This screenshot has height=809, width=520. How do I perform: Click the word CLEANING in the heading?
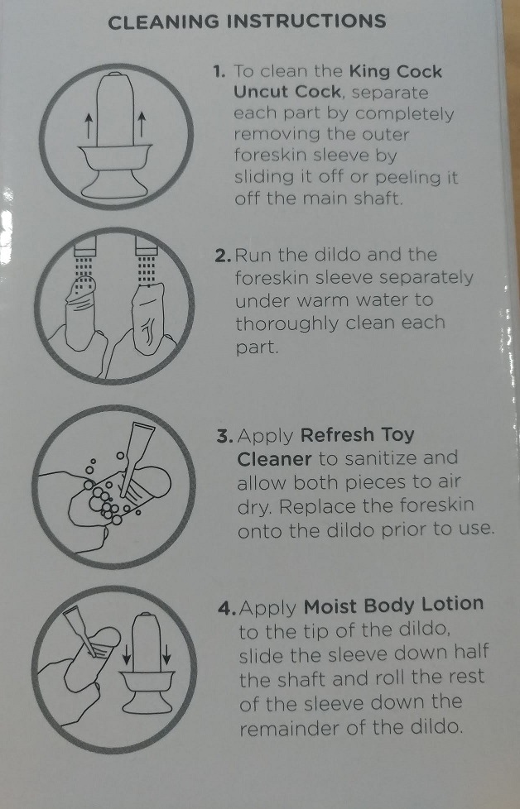(164, 22)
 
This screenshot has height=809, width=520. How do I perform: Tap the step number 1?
(219, 72)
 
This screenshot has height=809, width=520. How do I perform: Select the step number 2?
(223, 256)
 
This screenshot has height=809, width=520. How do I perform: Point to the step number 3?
(225, 436)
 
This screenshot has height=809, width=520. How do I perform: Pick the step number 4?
(227, 608)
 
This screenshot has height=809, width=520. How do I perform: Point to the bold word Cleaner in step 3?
(274, 458)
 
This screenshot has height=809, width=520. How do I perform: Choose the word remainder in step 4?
(289, 728)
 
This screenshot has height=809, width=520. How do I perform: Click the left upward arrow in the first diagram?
(89, 127)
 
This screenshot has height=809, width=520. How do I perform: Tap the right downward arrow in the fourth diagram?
(166, 655)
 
